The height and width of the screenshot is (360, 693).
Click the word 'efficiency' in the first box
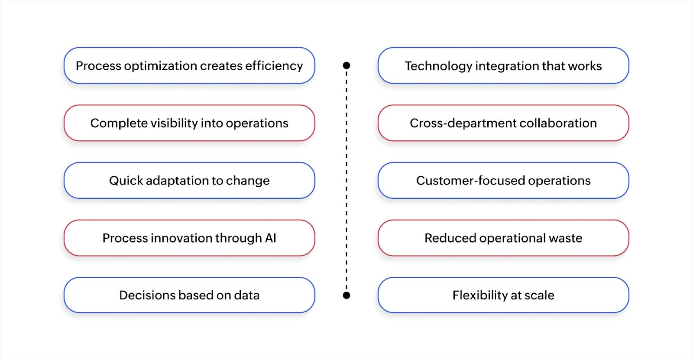click(x=274, y=66)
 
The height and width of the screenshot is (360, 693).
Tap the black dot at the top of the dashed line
click(x=346, y=65)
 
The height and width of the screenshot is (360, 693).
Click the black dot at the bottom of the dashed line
click(x=346, y=295)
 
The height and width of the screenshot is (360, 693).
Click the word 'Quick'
click(x=126, y=181)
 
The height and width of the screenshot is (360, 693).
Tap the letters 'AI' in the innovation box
click(x=271, y=238)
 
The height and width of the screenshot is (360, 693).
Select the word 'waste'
click(x=565, y=238)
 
